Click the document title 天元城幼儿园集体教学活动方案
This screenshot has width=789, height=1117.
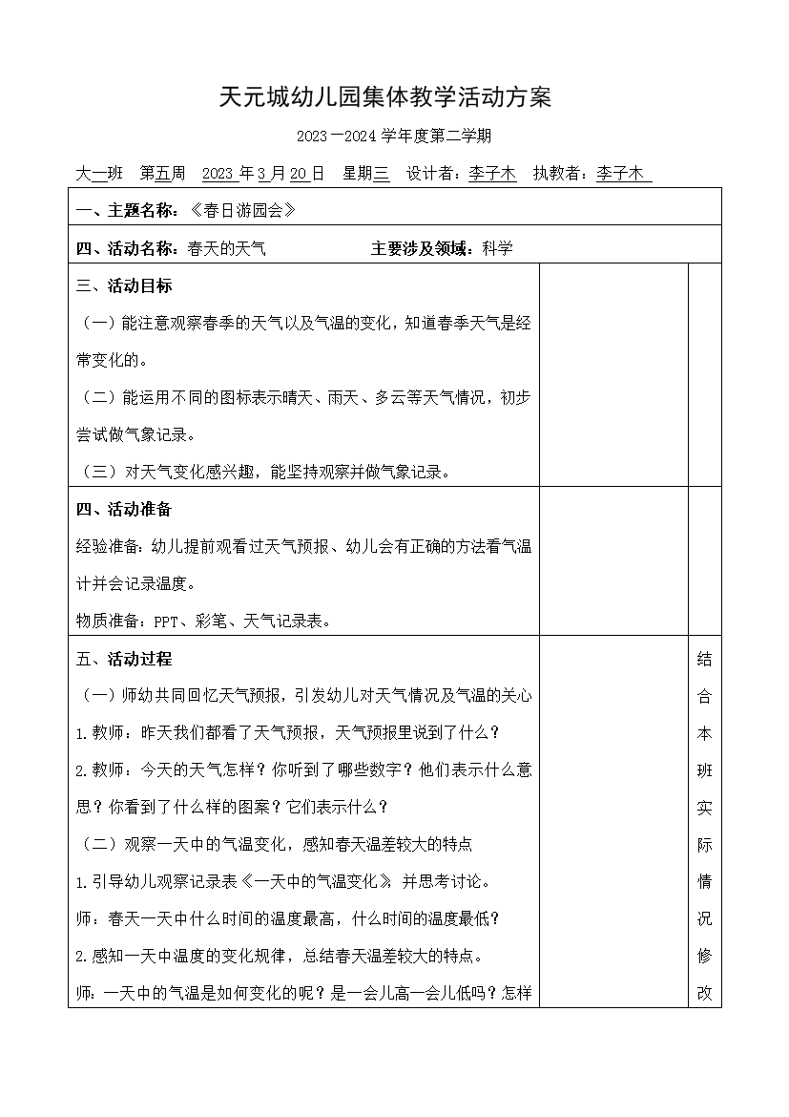[385, 97]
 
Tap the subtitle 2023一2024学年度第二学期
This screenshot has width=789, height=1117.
[393, 137]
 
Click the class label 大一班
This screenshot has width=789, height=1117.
[99, 174]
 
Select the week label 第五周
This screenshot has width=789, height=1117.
[162, 174]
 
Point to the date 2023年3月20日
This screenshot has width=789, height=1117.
[263, 174]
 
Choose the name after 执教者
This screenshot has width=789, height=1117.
[620, 174]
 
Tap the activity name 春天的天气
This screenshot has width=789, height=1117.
[226, 249]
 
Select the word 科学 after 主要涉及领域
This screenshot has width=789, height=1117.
[497, 249]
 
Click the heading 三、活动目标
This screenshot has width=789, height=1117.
[124, 285]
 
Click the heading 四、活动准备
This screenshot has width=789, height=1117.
[124, 509]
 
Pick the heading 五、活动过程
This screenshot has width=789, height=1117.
[124, 659]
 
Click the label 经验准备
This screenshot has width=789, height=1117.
[107, 547]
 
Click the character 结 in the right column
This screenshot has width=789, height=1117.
[705, 659]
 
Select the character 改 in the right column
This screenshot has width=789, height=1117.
[705, 992]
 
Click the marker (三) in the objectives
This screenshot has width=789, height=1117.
[95, 472]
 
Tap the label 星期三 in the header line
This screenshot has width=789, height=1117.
[366, 174]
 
